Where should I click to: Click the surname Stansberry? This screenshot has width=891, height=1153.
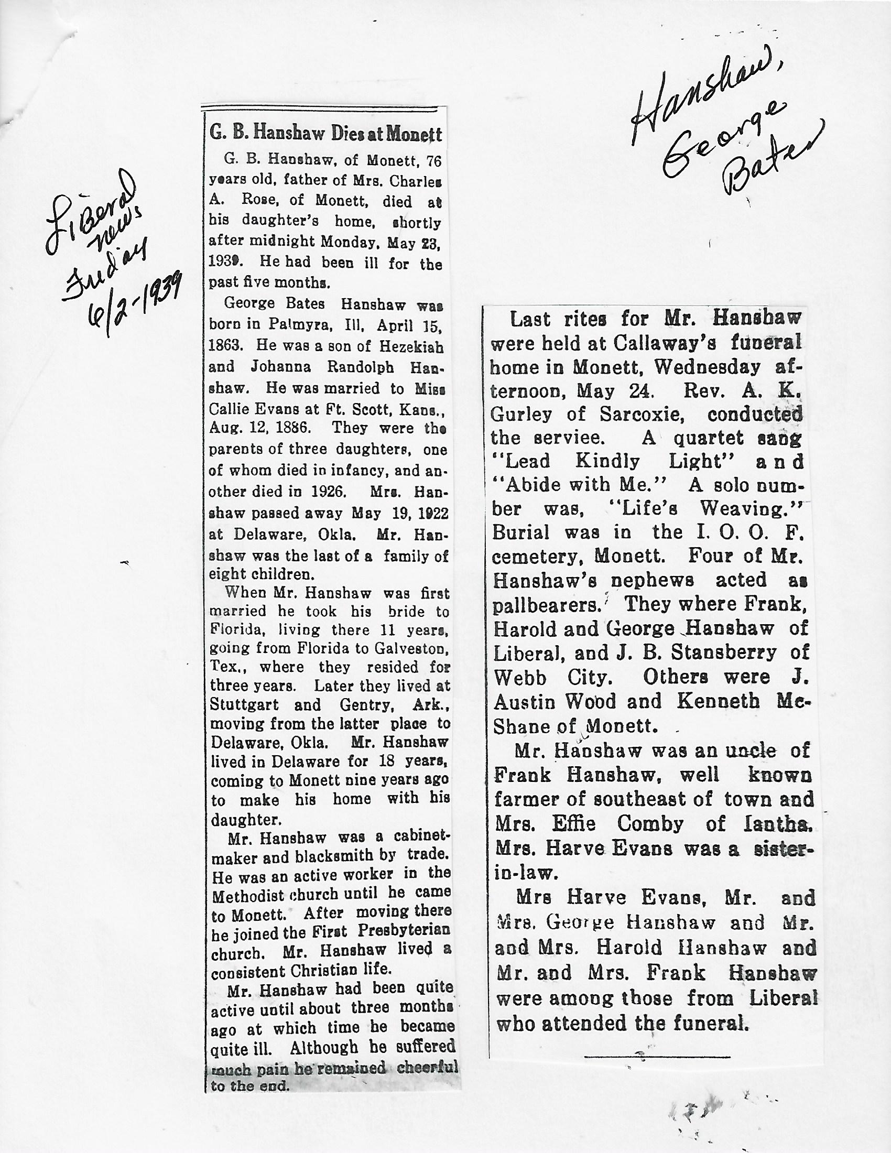[724, 652]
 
